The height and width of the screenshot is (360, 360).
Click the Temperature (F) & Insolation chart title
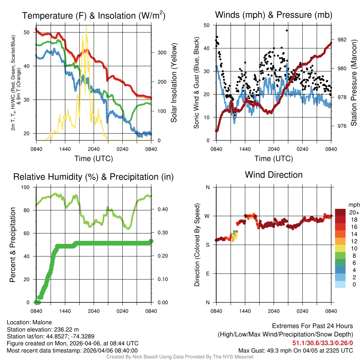click(x=94, y=16)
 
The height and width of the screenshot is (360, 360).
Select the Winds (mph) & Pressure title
click(x=274, y=15)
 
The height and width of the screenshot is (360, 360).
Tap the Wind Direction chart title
click(x=274, y=175)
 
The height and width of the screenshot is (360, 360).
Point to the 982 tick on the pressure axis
click(x=342, y=39)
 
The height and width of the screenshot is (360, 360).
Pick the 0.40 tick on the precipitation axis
click(x=160, y=210)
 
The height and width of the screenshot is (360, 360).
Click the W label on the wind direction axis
click(x=207, y=216)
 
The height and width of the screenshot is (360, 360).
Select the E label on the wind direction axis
click(x=207, y=274)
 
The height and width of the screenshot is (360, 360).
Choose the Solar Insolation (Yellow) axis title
click(x=174, y=83)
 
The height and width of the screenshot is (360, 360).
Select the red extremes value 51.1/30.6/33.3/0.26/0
click(x=322, y=343)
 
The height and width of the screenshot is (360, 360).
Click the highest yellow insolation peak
click(x=86, y=26)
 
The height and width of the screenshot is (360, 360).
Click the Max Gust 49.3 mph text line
click(x=295, y=350)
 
